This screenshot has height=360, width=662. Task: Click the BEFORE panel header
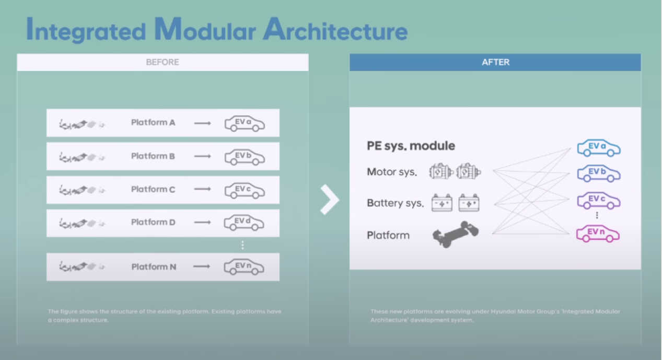tap(162, 62)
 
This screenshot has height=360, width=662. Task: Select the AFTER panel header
tap(495, 62)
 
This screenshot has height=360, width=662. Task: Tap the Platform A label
tap(153, 123)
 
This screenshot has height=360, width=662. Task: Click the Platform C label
tap(153, 189)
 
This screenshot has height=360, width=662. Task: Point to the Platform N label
tap(154, 267)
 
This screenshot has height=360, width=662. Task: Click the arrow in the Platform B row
tap(203, 156)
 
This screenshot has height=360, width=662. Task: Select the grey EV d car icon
tap(244, 223)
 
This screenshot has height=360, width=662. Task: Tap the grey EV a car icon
tap(245, 123)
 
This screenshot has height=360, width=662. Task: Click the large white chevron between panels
tap(330, 199)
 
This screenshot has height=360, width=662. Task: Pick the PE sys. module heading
tap(411, 146)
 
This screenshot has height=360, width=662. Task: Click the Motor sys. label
tap(392, 172)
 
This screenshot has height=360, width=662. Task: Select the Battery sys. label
tap(395, 203)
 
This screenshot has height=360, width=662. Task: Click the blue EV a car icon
tap(598, 148)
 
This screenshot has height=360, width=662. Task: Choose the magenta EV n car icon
tap(598, 234)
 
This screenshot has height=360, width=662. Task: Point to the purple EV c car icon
tap(598, 200)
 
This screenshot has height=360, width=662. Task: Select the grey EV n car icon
tap(244, 267)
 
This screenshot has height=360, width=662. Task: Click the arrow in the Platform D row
tap(203, 223)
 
